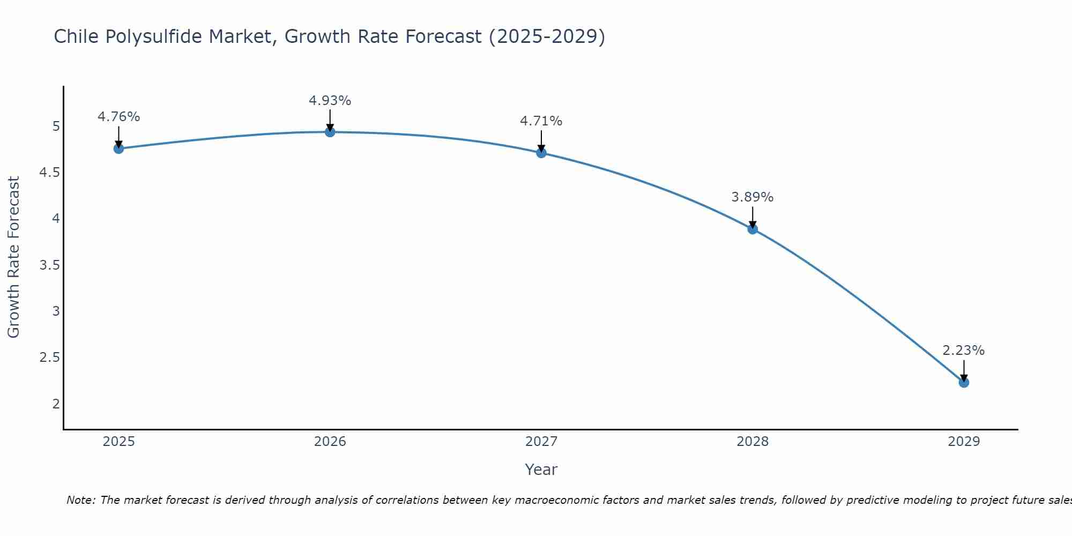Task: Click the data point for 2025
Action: [118, 148]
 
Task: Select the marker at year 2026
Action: [330, 132]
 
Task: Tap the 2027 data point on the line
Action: [541, 153]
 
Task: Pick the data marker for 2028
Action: [753, 229]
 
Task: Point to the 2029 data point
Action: [964, 382]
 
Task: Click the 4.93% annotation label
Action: [330, 101]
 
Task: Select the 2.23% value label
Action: [964, 351]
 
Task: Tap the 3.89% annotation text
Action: [753, 197]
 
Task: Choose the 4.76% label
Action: [118, 117]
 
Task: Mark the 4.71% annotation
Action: [541, 121]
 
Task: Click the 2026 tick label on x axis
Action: [330, 442]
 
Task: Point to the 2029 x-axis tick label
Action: [964, 442]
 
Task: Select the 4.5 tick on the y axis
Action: [49, 173]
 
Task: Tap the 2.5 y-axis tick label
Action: [49, 358]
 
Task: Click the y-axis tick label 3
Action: [56, 311]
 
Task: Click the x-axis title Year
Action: [541, 470]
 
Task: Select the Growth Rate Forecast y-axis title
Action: [13, 257]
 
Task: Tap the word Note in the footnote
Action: [80, 500]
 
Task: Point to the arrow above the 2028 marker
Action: [753, 217]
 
